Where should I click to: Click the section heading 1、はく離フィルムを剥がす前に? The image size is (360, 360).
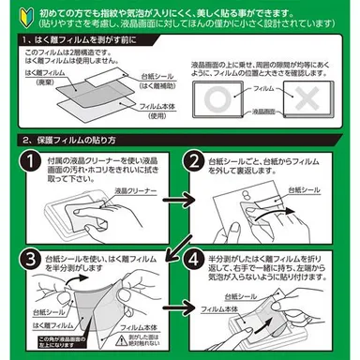click(83, 43)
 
